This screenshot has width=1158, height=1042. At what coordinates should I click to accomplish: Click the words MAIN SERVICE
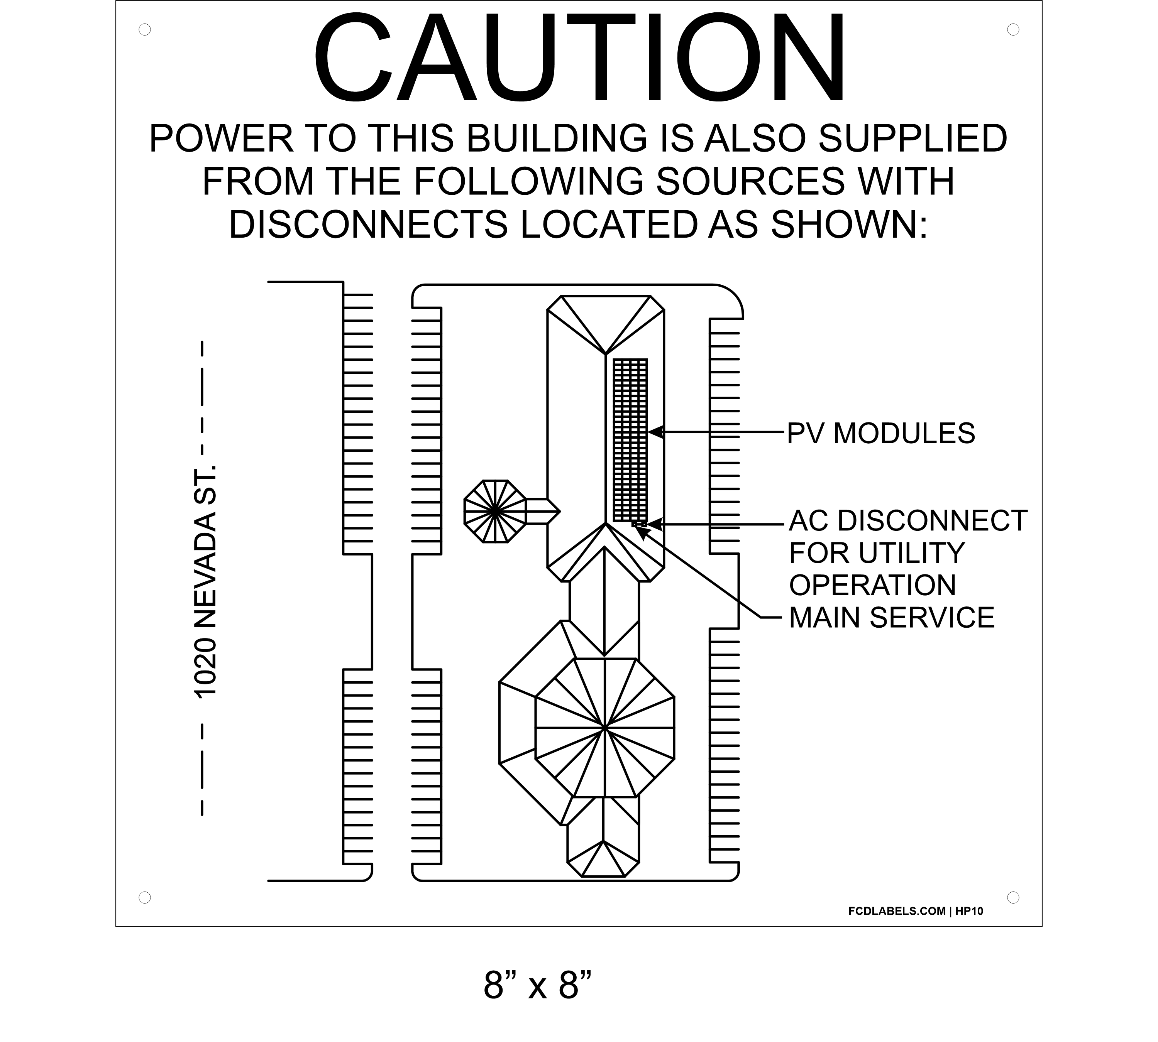tap(892, 617)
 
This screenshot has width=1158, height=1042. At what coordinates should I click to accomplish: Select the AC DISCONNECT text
tap(908, 520)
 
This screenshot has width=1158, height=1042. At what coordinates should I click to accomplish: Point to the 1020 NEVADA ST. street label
tap(206, 582)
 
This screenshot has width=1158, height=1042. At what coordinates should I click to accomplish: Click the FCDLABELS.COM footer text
tap(897, 911)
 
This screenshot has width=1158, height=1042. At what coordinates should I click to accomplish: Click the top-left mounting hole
tap(145, 29)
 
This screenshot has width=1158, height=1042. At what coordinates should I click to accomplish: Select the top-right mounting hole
tap(1013, 29)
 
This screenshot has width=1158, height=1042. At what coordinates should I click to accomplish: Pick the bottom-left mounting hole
tap(145, 897)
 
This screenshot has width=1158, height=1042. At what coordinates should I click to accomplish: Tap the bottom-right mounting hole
tap(1013, 897)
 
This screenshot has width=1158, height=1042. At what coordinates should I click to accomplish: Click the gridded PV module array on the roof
tap(630, 440)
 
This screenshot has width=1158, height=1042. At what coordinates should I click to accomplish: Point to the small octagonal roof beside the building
tap(494, 511)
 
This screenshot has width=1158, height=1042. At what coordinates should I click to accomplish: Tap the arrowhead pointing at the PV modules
tap(656, 432)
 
